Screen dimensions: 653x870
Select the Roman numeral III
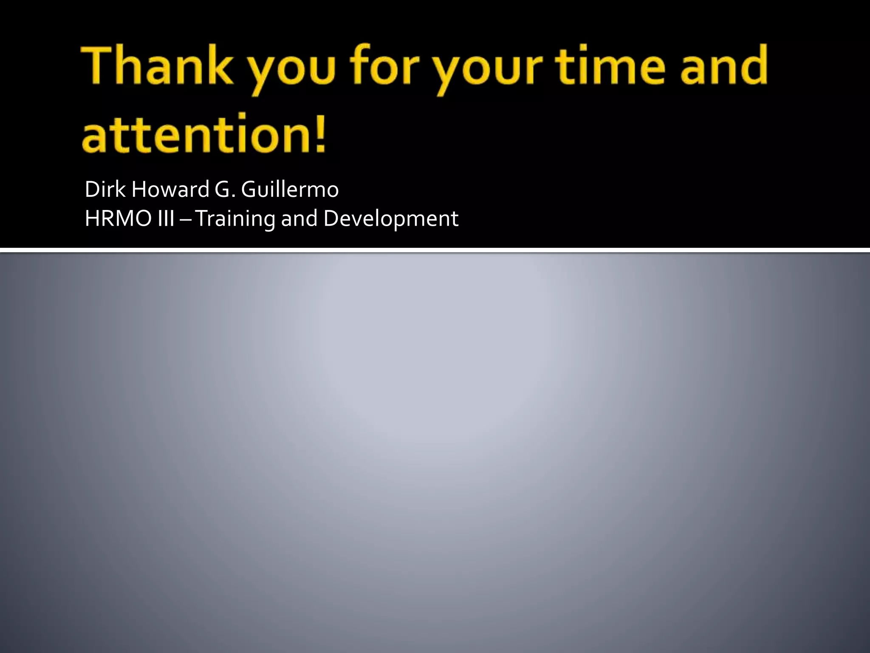click(166, 219)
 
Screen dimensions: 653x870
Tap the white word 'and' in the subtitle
click(299, 219)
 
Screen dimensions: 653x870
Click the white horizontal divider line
click(435, 250)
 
